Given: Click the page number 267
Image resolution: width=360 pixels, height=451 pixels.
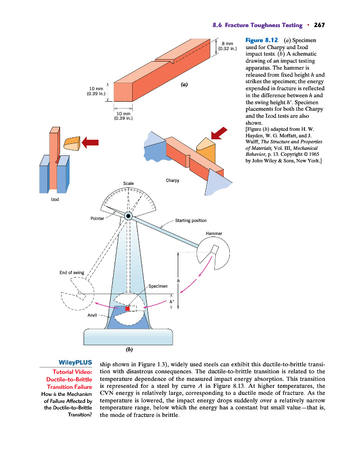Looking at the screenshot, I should tap(320, 25).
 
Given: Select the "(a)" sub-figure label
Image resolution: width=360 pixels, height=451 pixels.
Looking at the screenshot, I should tap(184, 85).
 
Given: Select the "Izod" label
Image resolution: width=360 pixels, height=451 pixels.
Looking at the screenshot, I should tap(55, 199).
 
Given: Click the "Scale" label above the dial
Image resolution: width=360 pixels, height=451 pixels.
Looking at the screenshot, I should tap(129, 183).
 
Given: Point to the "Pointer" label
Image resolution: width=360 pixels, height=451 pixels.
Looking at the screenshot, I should tap(98, 219).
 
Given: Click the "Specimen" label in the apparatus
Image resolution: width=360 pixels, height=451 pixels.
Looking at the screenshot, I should tap(159, 286).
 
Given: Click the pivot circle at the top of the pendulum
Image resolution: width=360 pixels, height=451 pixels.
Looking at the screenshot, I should tap(129, 215).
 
